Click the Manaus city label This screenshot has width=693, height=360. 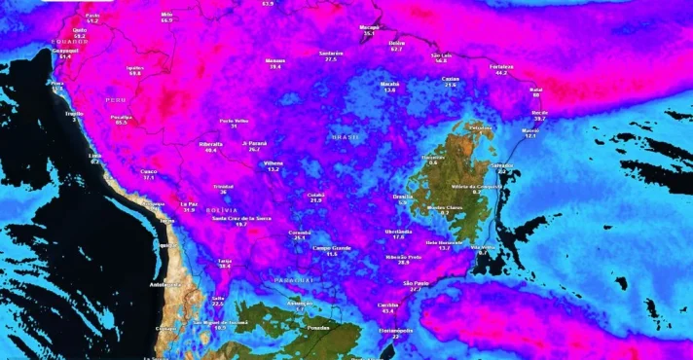pyautogui.click(x=275, y=60)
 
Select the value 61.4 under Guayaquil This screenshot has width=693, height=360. pyautogui.click(x=65, y=56)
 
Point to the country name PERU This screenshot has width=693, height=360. pyautogui.click(x=117, y=99)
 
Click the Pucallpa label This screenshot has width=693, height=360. pyautogui.click(x=122, y=117)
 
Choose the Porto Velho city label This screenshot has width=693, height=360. pyautogui.click(x=235, y=121)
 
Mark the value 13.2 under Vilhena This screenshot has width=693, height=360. pyautogui.click(x=274, y=169)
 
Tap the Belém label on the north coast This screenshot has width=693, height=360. pyautogui.click(x=396, y=43)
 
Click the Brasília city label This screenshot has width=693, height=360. pyautogui.click(x=403, y=196)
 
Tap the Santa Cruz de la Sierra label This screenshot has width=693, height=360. pyautogui.click(x=242, y=218)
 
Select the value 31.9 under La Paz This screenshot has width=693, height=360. pyautogui.click(x=189, y=209)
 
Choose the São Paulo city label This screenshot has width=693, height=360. pyautogui.click(x=416, y=283)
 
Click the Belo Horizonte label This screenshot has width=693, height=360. pyautogui.click(x=444, y=242)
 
